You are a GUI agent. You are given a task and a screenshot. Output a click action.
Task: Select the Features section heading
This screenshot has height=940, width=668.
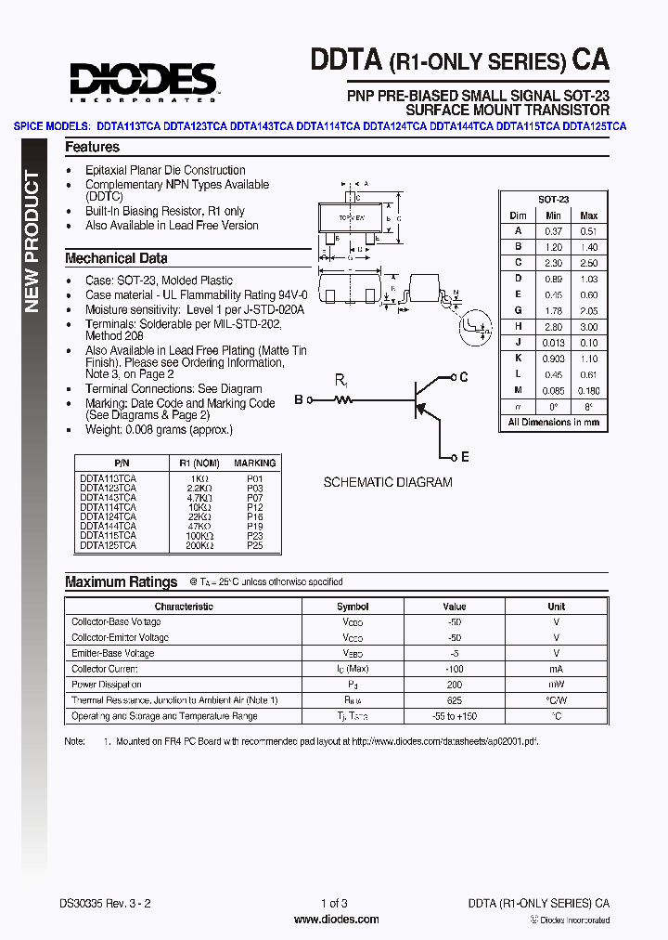[x=92, y=147]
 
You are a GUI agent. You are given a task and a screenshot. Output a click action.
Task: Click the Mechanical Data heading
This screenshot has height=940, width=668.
[x=116, y=258]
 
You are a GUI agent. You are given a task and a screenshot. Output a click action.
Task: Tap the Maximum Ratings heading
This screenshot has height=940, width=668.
[x=121, y=581]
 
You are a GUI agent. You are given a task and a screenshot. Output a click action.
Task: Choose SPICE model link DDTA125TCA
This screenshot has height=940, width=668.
[x=594, y=126]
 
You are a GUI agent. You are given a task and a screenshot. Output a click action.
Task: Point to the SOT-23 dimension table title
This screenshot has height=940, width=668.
[x=554, y=200]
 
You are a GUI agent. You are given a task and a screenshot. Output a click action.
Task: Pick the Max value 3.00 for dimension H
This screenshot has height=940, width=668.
[x=588, y=327]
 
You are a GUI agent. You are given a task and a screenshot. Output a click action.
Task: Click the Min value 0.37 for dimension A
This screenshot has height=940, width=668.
[x=553, y=231]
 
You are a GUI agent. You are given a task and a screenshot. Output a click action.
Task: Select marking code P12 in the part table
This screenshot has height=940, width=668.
[x=255, y=507]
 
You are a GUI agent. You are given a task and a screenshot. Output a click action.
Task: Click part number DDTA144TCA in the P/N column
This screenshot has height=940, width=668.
[x=108, y=526]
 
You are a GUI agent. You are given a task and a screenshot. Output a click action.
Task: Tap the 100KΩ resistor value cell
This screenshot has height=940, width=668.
[x=196, y=535]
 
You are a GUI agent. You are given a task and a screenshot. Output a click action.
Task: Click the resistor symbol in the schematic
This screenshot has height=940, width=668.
[x=344, y=400]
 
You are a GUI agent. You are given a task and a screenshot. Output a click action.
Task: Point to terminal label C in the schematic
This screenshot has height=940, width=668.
[x=464, y=377]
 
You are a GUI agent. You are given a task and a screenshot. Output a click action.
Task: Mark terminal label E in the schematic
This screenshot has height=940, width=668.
[x=465, y=457]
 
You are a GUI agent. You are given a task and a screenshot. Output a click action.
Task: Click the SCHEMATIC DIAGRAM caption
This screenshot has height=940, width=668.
[x=388, y=482]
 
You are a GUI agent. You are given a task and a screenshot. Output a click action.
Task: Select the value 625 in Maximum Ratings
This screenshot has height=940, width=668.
[x=455, y=699]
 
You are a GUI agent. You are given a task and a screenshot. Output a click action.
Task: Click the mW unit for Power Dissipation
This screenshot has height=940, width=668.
[x=556, y=685]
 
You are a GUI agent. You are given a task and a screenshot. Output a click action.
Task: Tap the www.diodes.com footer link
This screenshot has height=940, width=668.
[x=336, y=920]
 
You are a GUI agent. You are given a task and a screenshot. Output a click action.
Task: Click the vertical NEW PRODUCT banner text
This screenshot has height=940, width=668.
[x=32, y=242]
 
